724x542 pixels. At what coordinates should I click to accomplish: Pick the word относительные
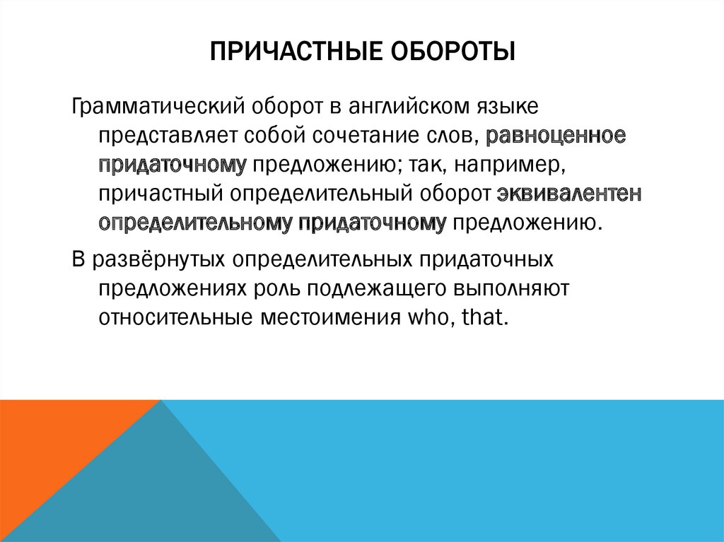(x=169, y=317)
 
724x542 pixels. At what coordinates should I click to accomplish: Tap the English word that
(x=485, y=317)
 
